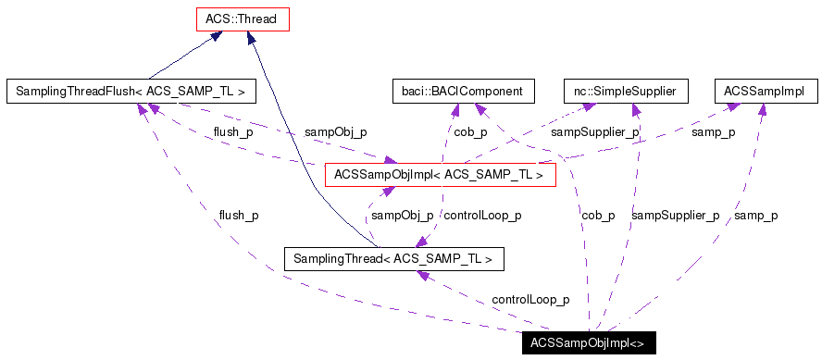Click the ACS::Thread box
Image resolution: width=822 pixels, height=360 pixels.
click(x=243, y=19)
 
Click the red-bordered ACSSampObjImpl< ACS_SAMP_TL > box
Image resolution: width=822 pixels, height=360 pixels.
click(x=440, y=174)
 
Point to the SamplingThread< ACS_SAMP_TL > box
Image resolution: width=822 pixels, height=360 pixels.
click(x=394, y=258)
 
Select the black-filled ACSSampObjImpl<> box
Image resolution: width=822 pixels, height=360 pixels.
click(x=588, y=342)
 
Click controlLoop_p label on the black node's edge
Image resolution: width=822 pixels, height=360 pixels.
click(x=530, y=300)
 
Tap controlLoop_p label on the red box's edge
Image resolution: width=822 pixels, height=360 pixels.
click(x=482, y=216)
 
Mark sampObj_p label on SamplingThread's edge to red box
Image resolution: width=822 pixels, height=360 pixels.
click(x=402, y=216)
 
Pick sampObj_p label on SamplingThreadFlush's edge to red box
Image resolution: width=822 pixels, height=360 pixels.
click(x=335, y=132)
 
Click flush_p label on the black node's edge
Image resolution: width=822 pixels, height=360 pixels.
click(x=238, y=216)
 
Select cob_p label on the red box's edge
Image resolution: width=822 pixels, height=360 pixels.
click(x=470, y=132)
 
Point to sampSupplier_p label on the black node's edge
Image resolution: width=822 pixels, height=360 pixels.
click(x=675, y=216)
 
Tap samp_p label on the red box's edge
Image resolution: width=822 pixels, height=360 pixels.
click(x=714, y=132)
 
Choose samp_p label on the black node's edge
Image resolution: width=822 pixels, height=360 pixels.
click(x=755, y=216)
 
